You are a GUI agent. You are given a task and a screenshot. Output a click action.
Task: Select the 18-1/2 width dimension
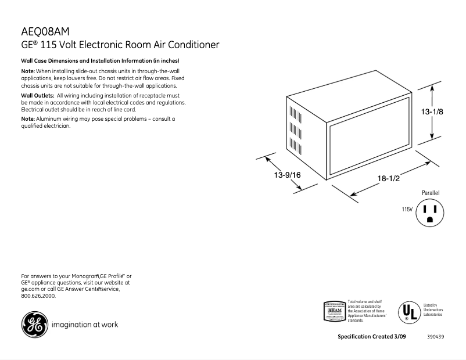(x=388, y=178)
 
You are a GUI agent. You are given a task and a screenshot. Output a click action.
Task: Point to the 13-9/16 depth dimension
(x=287, y=174)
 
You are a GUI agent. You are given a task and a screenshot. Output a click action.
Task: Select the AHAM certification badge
(x=334, y=311)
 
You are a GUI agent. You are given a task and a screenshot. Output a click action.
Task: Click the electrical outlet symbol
(x=429, y=213)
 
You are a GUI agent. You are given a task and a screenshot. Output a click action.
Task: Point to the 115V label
(x=407, y=209)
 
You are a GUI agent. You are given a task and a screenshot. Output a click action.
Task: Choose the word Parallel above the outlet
(x=431, y=192)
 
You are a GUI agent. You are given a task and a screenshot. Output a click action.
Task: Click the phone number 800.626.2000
(x=38, y=296)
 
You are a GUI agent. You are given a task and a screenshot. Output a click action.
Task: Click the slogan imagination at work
(x=85, y=325)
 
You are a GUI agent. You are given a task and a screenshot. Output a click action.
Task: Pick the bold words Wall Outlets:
(x=38, y=95)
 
